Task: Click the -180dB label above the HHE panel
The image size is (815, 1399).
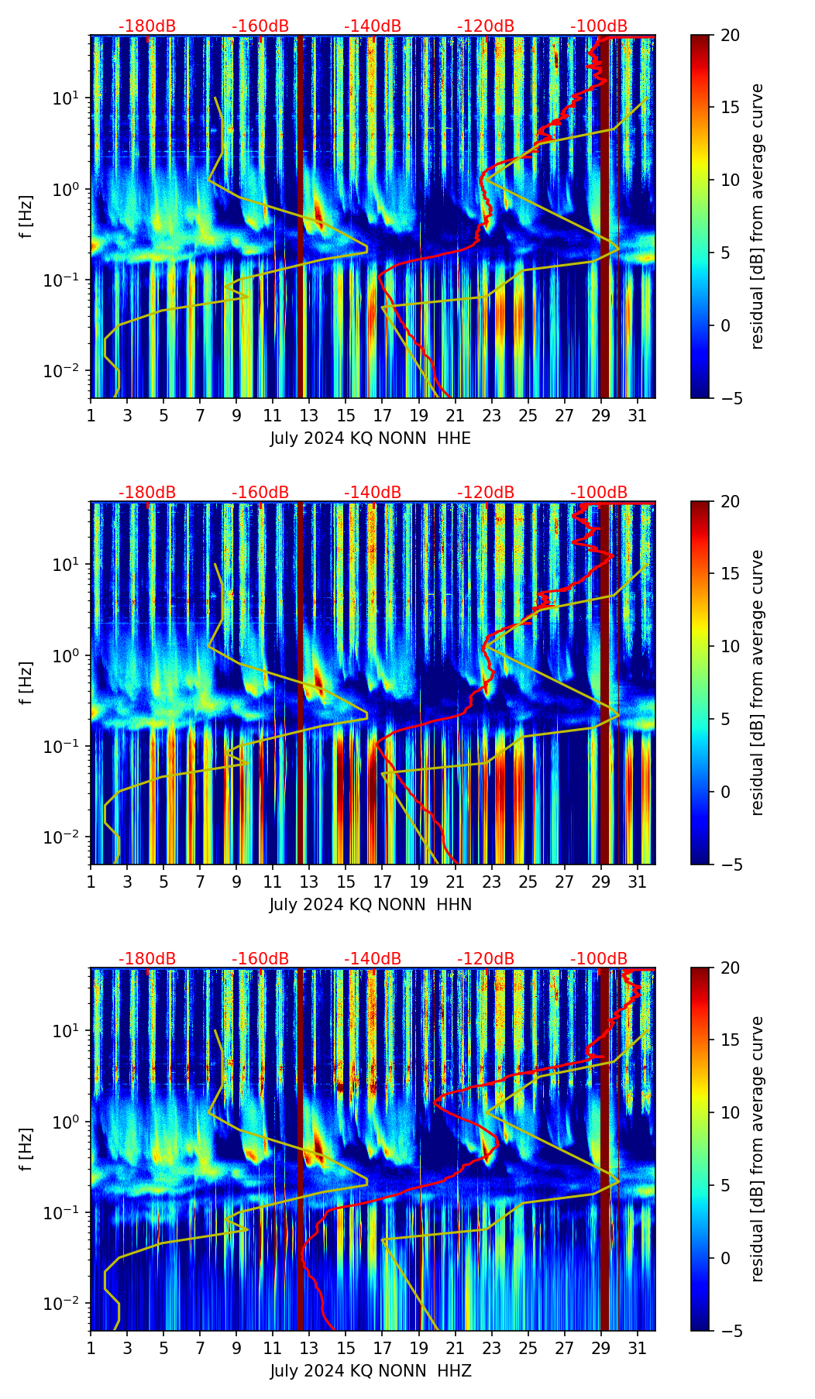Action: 147,26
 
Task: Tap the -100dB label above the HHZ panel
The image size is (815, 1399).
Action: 599,959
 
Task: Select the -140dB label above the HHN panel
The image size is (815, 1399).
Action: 373,493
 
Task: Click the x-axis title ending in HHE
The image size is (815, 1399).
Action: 370,438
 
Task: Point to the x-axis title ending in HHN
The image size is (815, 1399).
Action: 370,905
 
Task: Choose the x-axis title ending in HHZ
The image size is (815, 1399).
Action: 370,1371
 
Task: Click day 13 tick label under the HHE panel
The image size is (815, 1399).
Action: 309,416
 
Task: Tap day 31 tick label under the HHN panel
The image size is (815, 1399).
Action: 637,882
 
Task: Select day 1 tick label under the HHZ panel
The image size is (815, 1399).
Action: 91,1349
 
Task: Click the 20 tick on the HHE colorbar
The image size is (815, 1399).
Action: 729,36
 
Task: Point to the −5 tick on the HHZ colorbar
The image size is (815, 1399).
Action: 729,1331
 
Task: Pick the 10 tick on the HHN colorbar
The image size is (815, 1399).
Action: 729,646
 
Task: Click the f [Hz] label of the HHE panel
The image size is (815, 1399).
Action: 27,217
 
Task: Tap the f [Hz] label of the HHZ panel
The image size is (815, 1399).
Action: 27,1150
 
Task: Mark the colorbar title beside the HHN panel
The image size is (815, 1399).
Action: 757,682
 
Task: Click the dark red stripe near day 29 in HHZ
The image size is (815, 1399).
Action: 605,1146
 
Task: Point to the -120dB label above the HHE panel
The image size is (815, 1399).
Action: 486,26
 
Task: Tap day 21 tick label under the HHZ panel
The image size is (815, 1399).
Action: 455,1349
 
